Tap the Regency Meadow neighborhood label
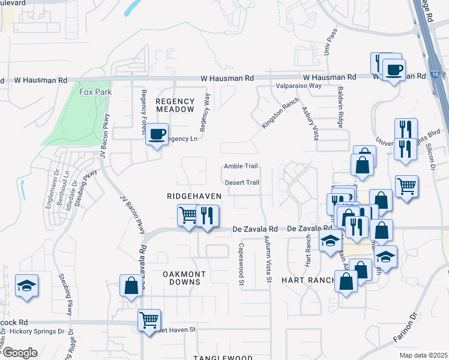click(175, 106)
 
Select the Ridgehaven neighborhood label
click(194, 196)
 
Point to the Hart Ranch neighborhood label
click(303, 280)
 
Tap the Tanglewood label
click(214, 357)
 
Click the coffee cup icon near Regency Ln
click(157, 134)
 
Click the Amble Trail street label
click(241, 166)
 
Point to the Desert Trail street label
click(242, 183)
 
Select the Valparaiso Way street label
click(298, 86)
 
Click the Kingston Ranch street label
click(280, 112)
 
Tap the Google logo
click(19, 353)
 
